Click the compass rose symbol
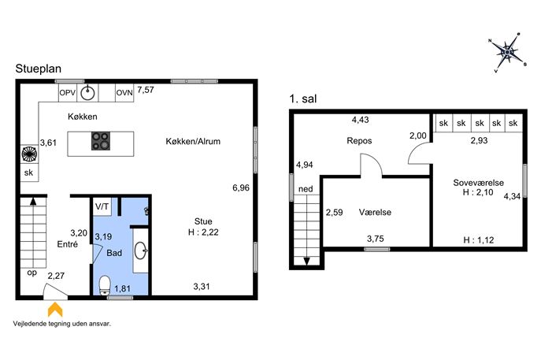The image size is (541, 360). pos(508,53)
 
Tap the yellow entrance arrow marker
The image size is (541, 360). pos(55,310)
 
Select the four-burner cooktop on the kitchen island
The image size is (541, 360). pos(101,141)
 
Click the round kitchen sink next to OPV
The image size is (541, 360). pos(87,93)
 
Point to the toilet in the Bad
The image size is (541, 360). pos(104,285)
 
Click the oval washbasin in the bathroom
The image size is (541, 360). pos(141,251)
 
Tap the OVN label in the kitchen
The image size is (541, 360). pos(124,93)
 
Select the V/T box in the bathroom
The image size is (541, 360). pos(102,206)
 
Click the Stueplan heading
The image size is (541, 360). pos(39,69)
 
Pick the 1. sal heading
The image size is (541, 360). pos(303,99)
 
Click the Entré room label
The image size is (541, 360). pos(67,244)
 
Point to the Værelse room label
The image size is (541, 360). pos(375,212)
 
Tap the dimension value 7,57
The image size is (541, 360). pos(146,90)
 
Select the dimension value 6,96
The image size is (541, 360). pos(241,187)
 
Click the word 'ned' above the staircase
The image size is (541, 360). pos(306,189)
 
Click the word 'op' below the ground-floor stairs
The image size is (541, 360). pos(31,273)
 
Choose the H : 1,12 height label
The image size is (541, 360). pos(479,240)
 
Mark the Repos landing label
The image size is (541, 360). pos(359,141)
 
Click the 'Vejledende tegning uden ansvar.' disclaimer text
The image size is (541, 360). pos(62,324)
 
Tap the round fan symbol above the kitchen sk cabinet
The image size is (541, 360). pos(29,154)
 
